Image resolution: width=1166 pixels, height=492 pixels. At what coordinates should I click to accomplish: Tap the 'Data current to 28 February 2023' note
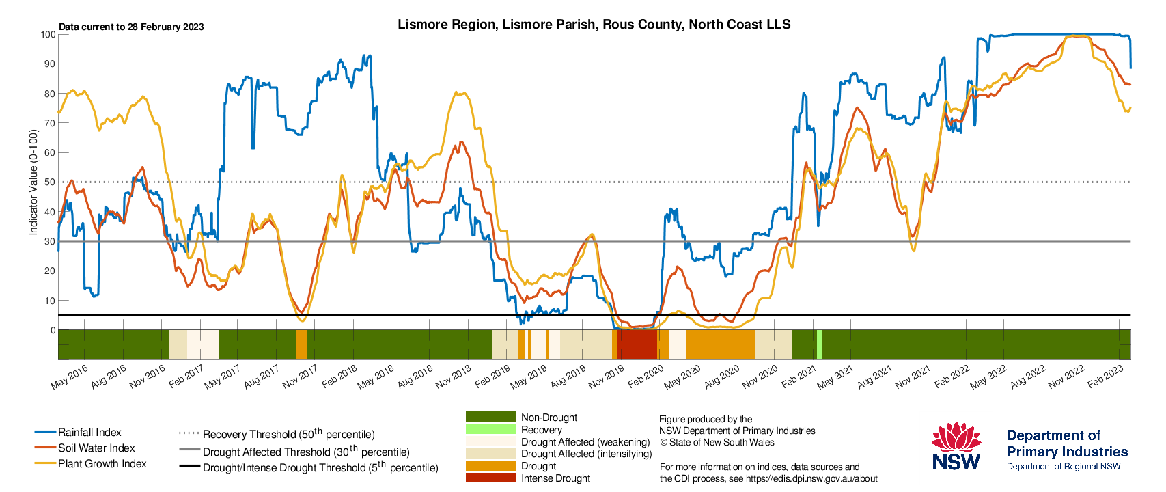[x=131, y=27]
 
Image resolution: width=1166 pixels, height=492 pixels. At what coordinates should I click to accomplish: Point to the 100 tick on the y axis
[x=48, y=34]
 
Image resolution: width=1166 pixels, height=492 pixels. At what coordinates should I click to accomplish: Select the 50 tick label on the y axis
[x=51, y=182]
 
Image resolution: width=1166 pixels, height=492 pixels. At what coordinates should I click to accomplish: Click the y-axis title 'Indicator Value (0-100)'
[x=33, y=182]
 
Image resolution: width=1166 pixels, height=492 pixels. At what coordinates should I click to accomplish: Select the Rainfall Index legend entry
[x=78, y=432]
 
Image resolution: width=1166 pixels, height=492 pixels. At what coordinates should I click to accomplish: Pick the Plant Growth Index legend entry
[x=91, y=463]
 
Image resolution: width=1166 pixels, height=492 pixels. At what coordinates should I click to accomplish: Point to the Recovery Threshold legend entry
[x=277, y=434]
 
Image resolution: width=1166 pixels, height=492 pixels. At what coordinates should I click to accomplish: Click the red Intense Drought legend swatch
[x=490, y=478]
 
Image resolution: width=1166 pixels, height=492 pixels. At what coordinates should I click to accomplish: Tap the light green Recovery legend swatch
[x=490, y=430]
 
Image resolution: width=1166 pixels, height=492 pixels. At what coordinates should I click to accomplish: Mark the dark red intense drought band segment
[x=637, y=344]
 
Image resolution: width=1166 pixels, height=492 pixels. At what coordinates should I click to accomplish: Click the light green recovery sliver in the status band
[x=819, y=344]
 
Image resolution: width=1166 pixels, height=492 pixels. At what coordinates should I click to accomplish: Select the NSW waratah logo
[x=956, y=446]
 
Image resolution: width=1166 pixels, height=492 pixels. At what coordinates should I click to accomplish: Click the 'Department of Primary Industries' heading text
[x=1067, y=443]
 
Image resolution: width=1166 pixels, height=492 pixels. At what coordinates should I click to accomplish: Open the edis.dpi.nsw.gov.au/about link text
[x=811, y=479]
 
